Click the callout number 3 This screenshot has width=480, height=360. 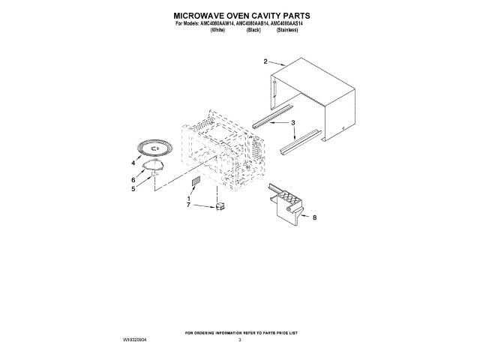pyautogui.click(x=293, y=121)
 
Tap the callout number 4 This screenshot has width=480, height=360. pyautogui.click(x=133, y=163)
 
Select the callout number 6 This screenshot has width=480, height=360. pyautogui.click(x=133, y=180)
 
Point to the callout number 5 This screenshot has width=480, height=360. pyautogui.click(x=133, y=189)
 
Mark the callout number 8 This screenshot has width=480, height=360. pyautogui.click(x=315, y=217)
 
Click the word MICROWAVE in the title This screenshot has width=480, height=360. pyautogui.click(x=199, y=14)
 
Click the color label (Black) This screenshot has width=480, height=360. pyautogui.click(x=253, y=31)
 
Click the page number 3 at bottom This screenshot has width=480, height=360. pyautogui.click(x=240, y=340)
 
